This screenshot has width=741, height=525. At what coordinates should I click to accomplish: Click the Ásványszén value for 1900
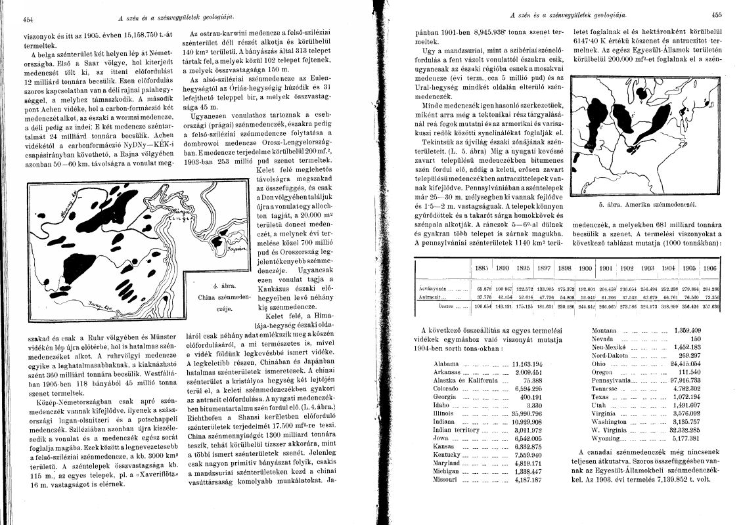pos(585,289)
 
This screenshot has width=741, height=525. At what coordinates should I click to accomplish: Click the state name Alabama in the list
pos(446,364)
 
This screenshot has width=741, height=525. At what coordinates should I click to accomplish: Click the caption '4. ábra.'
pos(225,286)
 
